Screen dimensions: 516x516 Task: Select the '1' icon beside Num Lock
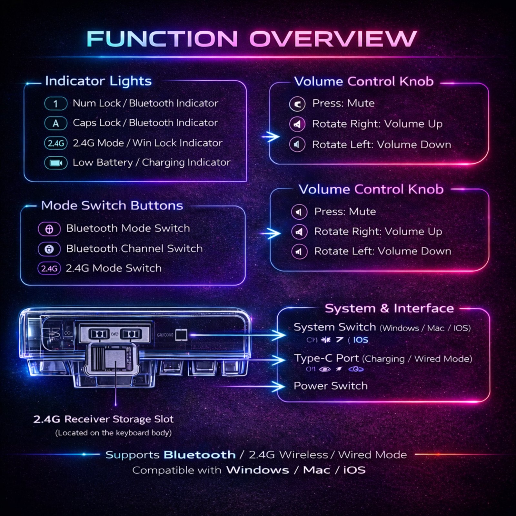[56, 104]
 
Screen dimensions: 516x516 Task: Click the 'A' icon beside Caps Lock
[56, 123]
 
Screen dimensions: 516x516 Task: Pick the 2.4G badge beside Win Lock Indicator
[56, 143]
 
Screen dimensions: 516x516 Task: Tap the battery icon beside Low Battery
[56, 163]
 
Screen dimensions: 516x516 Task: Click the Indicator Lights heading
[98, 81]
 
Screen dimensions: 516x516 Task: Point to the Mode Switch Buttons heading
[112, 205]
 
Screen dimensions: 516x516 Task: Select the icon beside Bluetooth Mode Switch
[49, 229]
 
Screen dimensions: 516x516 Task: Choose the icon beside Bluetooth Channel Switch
[49, 249]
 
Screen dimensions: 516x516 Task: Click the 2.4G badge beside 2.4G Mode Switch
[49, 269]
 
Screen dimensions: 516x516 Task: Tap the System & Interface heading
[389, 308]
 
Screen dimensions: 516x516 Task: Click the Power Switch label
[331, 386]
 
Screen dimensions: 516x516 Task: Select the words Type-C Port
[326, 358]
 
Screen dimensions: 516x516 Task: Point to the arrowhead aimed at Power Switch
[279, 386]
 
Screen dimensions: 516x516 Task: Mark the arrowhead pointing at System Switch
[279, 335]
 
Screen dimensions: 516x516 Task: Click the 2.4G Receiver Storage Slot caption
[104, 419]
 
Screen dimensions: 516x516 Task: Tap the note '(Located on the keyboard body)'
[113, 433]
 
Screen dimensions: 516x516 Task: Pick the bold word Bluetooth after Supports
[200, 455]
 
